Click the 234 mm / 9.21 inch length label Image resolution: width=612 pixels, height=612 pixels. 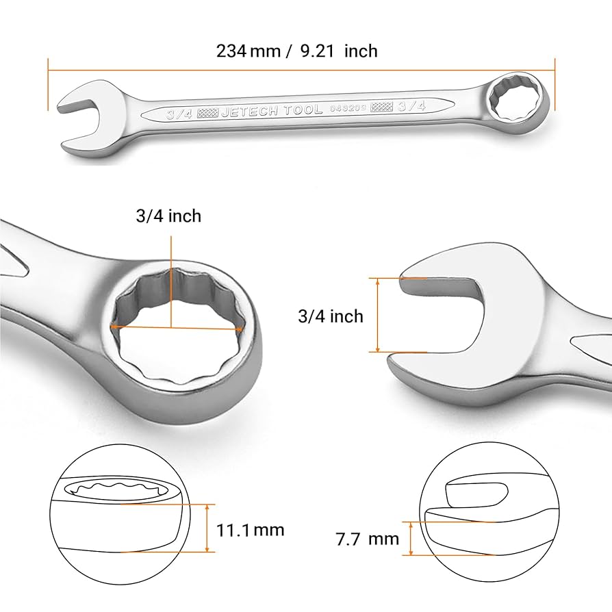click(296, 51)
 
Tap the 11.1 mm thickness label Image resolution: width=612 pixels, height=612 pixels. click(250, 529)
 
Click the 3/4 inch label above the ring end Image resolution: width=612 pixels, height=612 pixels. click(168, 216)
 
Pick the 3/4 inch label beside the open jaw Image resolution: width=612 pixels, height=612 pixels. click(331, 316)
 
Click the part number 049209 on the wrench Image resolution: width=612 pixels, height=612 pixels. click(348, 107)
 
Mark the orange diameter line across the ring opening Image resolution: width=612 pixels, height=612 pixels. click(177, 328)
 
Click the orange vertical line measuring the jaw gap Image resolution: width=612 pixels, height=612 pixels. click(377, 315)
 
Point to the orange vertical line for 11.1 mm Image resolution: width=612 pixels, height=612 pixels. click(207, 528)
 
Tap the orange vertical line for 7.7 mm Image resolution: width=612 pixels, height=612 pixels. click(411, 538)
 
